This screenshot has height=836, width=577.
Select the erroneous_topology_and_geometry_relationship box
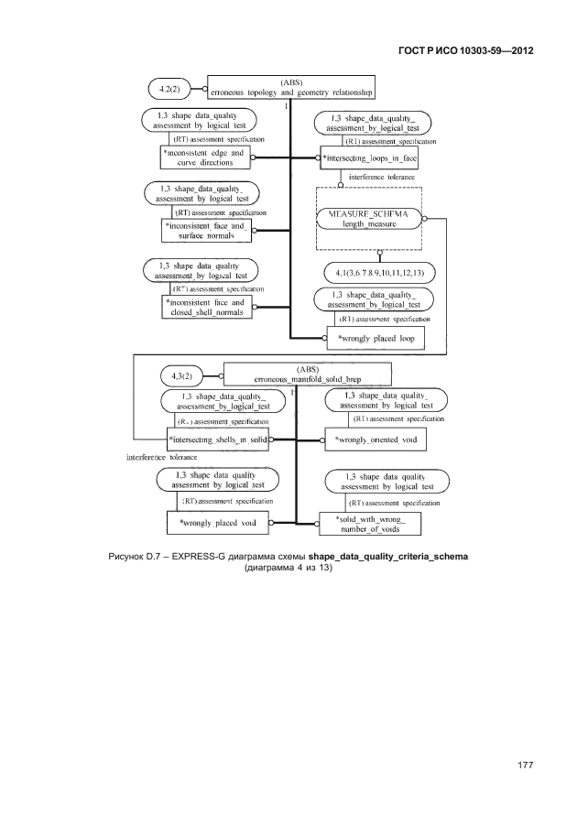pos(291,88)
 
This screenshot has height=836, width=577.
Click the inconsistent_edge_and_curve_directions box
pos(204,157)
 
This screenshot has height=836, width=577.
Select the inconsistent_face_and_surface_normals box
pos(205,230)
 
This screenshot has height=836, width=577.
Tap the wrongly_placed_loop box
pos(376,338)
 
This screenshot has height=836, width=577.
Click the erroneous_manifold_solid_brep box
pos(307,374)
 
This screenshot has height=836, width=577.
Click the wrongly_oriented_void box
pos(377,440)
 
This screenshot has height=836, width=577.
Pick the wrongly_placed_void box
pos(217,523)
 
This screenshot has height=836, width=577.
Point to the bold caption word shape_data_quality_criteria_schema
pos(388,556)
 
